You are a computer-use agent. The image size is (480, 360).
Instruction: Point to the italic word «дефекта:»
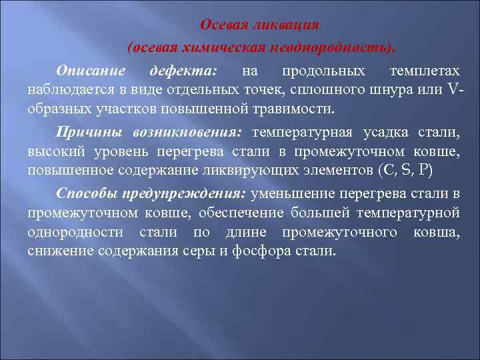pos(179,70)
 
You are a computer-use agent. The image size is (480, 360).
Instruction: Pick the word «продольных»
pos(323,70)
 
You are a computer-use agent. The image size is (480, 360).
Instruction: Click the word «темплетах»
pos(425,70)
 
